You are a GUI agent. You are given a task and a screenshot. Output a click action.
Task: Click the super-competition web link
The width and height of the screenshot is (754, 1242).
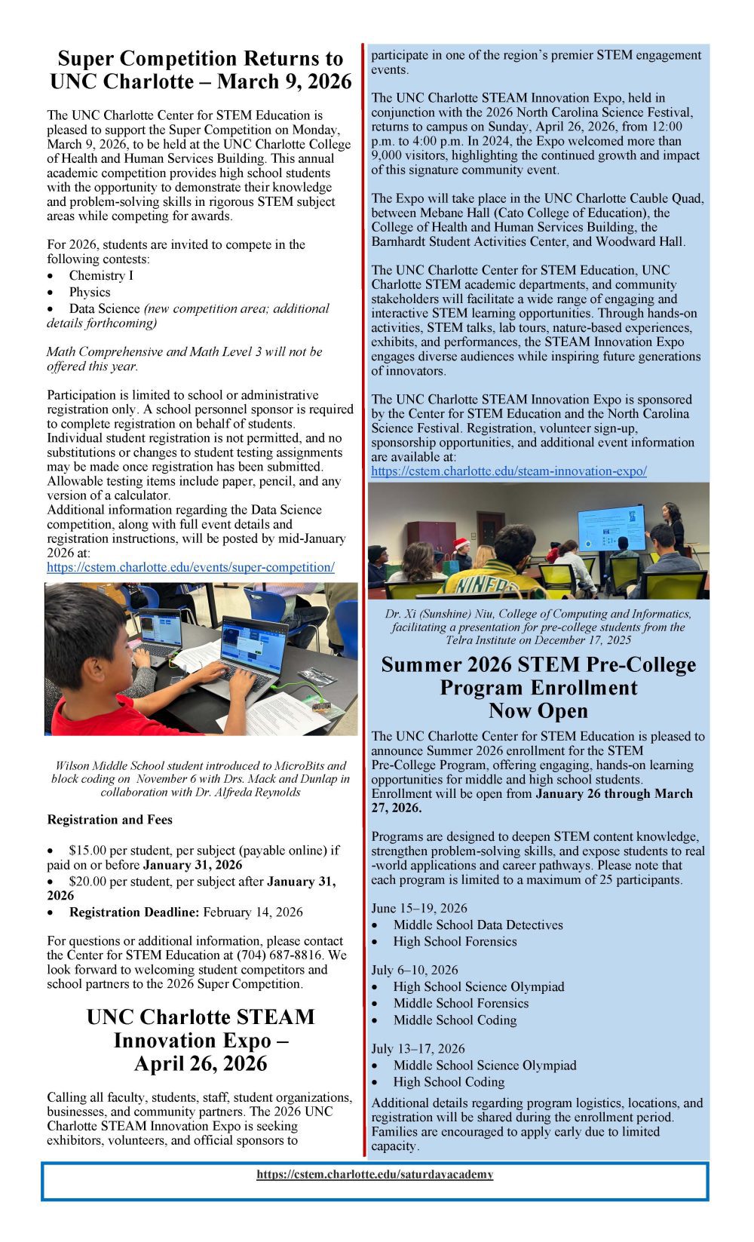[190, 567]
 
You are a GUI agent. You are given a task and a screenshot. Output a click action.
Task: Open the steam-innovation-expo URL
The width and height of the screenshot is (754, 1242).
[508, 471]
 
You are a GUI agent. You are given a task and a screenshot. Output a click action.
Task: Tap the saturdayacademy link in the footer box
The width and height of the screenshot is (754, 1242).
[375, 1174]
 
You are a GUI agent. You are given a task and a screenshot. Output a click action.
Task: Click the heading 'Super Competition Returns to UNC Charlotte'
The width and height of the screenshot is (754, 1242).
[201, 69]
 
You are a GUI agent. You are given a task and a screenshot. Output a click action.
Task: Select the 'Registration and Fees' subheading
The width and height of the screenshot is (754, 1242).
[109, 820]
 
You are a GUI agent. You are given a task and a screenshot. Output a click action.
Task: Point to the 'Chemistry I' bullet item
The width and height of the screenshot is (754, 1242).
[101, 276]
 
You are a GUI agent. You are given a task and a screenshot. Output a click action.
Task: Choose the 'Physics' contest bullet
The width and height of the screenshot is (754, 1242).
[90, 293]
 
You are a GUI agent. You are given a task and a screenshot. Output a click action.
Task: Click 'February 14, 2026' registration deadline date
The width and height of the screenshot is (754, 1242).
[253, 912]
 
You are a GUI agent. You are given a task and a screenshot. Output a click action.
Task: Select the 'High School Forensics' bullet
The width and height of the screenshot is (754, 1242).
[455, 942]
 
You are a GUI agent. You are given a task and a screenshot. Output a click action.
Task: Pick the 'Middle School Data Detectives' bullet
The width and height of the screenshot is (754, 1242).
[478, 925]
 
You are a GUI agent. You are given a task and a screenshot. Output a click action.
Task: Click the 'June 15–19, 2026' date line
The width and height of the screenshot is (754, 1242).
[419, 909]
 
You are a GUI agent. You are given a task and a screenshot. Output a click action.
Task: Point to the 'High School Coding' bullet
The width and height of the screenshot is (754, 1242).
[449, 1082]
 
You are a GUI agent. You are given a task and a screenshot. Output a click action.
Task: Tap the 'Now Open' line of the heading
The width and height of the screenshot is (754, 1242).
[538, 711]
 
